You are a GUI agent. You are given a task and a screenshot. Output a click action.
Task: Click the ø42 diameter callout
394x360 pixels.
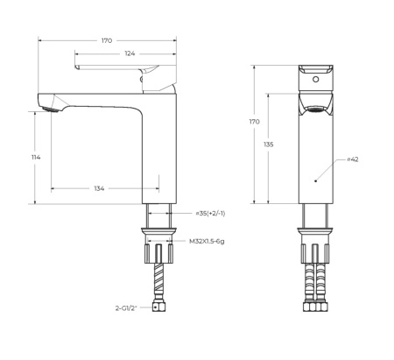(354, 160)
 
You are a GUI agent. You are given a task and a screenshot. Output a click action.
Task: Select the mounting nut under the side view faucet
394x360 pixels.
(158, 236)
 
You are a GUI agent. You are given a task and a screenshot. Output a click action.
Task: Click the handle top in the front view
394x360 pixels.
(314, 69)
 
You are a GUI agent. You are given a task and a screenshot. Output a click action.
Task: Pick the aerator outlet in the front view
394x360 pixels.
(314, 109)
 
